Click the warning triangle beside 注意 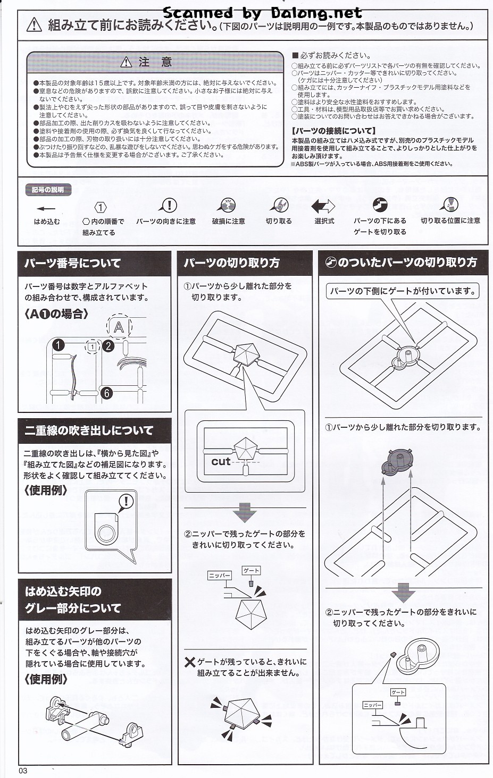tap(126, 62)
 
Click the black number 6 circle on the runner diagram tap(106, 393)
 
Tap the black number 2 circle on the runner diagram tap(108, 346)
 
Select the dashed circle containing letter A tap(119, 327)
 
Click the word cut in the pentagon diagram tap(221, 461)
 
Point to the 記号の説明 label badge tap(48, 190)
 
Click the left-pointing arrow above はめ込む tap(46, 209)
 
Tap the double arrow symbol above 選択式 tap(323, 206)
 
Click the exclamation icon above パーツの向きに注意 tap(168, 205)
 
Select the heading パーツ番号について tap(72, 263)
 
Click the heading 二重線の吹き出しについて tap(89, 430)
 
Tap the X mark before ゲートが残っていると tap(190, 662)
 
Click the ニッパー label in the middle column tap(220, 576)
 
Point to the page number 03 tap(23, 771)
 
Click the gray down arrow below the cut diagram tap(245, 512)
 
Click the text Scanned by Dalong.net tap(263, 13)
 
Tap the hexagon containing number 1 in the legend tap(101, 208)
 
